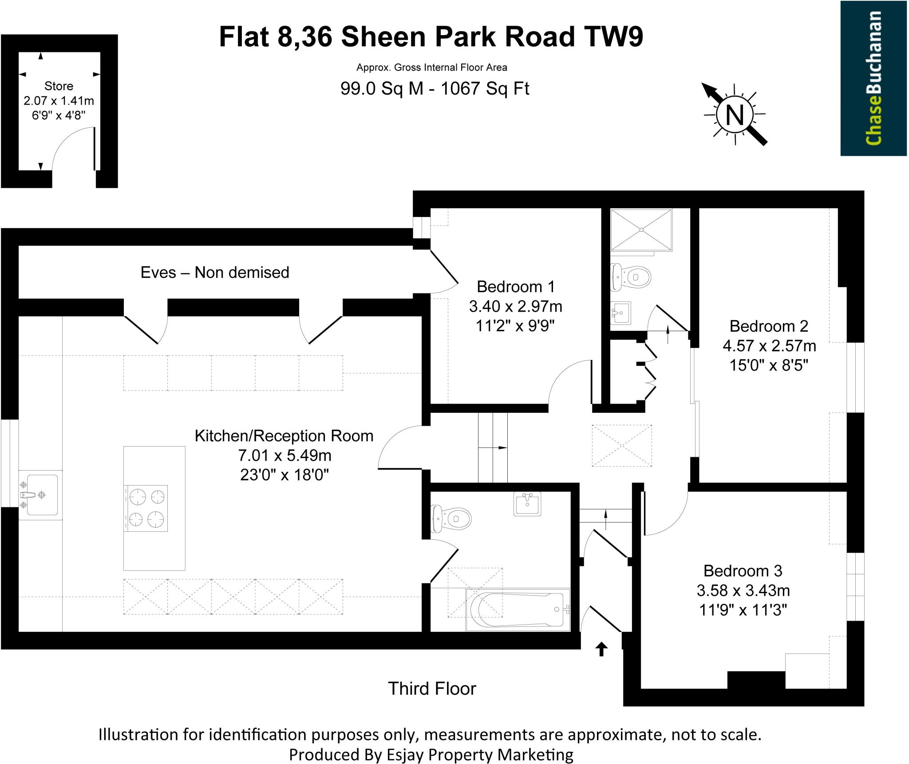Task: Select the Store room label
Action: [x=59, y=86]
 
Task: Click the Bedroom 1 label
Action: [x=516, y=287]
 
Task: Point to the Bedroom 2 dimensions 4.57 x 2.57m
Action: [x=769, y=345]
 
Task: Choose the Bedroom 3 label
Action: [x=743, y=570]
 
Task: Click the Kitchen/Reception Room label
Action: [x=284, y=436]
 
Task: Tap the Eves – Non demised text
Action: [x=215, y=272]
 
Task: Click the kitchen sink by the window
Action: [x=40, y=495]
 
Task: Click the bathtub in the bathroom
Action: [x=518, y=610]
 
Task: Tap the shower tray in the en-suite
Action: [x=641, y=230]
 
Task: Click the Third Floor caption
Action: [x=432, y=689]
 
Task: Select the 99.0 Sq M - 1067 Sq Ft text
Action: [x=435, y=88]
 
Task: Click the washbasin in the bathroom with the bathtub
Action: [x=527, y=504]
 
